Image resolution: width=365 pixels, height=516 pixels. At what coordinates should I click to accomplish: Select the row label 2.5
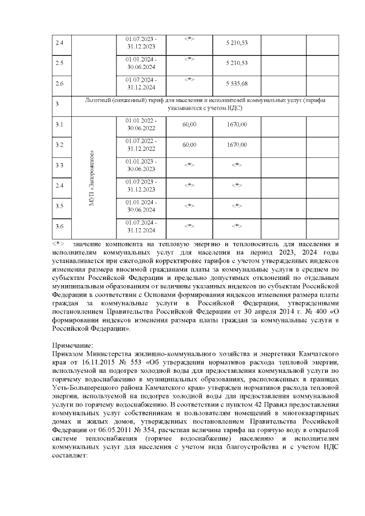tap(59, 63)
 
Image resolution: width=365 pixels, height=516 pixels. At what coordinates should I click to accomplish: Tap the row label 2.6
tap(59, 83)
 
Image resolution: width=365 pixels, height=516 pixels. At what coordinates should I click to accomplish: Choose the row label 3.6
tap(59, 226)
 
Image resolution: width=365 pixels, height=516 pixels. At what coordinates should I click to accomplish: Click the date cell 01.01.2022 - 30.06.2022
tap(141, 124)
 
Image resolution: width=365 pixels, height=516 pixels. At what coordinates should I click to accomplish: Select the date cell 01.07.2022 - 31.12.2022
tap(141, 145)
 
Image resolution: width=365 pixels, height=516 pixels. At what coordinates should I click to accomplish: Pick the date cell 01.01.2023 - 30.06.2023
tap(141, 165)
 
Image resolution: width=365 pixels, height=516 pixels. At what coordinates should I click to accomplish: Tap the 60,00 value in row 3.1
tap(189, 124)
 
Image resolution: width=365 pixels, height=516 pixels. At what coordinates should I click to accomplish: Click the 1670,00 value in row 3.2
tap(237, 145)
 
